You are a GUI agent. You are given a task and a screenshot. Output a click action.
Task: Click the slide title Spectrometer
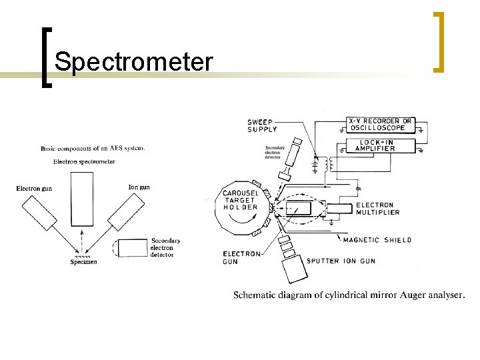(133, 62)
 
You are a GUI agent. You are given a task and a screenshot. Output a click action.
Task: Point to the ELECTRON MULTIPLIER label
(377, 209)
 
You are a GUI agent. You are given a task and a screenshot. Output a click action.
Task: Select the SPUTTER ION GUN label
(340, 261)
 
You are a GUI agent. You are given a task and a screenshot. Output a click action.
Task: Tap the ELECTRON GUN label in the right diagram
(241, 257)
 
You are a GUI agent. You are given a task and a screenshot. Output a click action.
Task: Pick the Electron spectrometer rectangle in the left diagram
(83, 199)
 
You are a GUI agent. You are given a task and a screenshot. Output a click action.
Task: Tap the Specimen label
(83, 262)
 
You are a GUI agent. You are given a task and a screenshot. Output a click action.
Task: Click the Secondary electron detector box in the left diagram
(131, 247)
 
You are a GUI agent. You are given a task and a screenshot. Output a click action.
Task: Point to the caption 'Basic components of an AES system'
(92, 148)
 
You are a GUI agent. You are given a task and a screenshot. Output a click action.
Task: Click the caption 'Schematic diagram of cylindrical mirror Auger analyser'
(349, 295)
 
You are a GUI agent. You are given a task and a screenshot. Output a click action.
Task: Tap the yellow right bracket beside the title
(439, 41)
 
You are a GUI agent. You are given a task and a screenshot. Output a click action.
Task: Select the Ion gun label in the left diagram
(139, 187)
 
